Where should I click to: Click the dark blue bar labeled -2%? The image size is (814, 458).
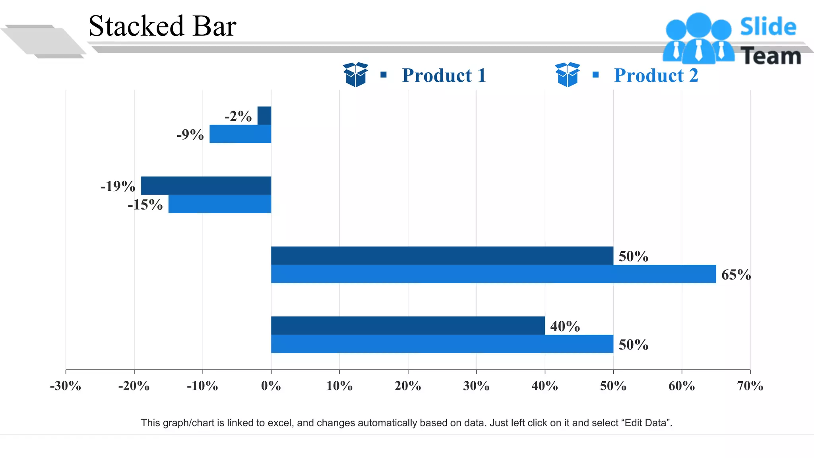click(264, 116)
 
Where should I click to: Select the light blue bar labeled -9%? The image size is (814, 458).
click(240, 134)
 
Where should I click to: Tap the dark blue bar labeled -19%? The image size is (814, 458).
click(206, 186)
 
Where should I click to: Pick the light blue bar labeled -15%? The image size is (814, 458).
click(219, 204)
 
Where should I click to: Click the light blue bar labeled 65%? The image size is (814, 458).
click(493, 274)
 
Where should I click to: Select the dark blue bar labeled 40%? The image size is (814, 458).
click(407, 326)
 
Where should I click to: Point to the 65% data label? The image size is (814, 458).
click(736, 275)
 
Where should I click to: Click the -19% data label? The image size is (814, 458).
click(118, 186)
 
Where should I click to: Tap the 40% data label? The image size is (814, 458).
click(565, 326)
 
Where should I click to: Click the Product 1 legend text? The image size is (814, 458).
click(444, 76)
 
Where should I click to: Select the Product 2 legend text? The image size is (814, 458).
click(656, 76)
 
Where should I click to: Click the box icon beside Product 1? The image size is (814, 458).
click(355, 74)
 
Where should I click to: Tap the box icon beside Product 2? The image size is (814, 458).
click(567, 74)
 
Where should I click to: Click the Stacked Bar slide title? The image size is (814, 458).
click(162, 26)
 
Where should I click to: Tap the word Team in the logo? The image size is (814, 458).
click(771, 56)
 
